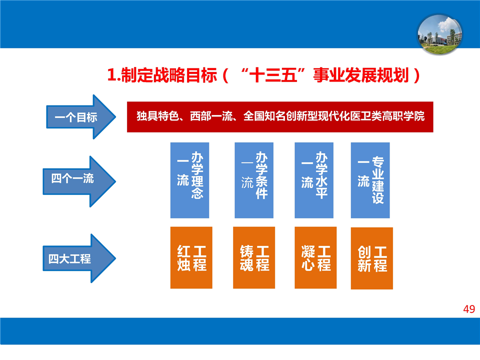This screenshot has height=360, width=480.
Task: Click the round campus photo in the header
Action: (x=440, y=34)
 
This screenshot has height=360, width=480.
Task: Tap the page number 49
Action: (x=469, y=309)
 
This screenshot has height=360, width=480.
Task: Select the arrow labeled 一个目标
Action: (x=81, y=117)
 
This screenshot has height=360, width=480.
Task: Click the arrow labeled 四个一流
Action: (x=79, y=181)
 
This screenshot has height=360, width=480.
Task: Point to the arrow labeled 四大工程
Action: (x=79, y=258)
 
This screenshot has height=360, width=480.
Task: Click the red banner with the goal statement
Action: (x=280, y=117)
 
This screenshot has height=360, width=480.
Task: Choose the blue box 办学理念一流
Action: (x=190, y=180)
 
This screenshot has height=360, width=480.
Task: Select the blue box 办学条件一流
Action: (x=254, y=180)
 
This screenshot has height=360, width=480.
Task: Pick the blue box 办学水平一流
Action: (x=314, y=180)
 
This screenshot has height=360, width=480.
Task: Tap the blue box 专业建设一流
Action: (x=370, y=180)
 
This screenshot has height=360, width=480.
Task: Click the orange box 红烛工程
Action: (x=191, y=258)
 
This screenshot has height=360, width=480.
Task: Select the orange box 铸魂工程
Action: (x=254, y=258)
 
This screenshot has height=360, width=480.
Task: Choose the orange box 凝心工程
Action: (x=315, y=258)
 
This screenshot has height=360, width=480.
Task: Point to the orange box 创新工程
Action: (x=372, y=258)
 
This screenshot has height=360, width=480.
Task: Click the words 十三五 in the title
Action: (x=273, y=75)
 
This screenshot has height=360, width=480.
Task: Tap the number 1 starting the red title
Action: (x=111, y=75)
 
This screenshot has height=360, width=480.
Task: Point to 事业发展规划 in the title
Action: (x=361, y=75)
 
